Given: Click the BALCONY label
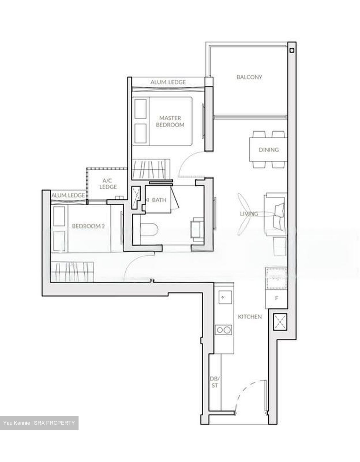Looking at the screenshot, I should tap(249, 77).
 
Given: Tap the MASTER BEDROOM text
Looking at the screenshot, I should tap(170, 122).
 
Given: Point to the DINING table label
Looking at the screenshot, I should tap(269, 150).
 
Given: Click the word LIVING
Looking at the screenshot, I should tap(249, 214).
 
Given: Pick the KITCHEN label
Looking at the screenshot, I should tap(250, 317).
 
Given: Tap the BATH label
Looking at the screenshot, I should tap(159, 200).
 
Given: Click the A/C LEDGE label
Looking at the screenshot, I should tap(108, 184).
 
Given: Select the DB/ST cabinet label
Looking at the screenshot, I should tap(214, 381).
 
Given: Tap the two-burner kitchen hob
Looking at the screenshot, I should tap(223, 329).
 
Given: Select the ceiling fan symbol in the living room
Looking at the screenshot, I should tap(244, 214).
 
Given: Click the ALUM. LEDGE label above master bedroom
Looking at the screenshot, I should tap(168, 82).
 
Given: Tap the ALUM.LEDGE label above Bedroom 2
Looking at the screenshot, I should tap(68, 195).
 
